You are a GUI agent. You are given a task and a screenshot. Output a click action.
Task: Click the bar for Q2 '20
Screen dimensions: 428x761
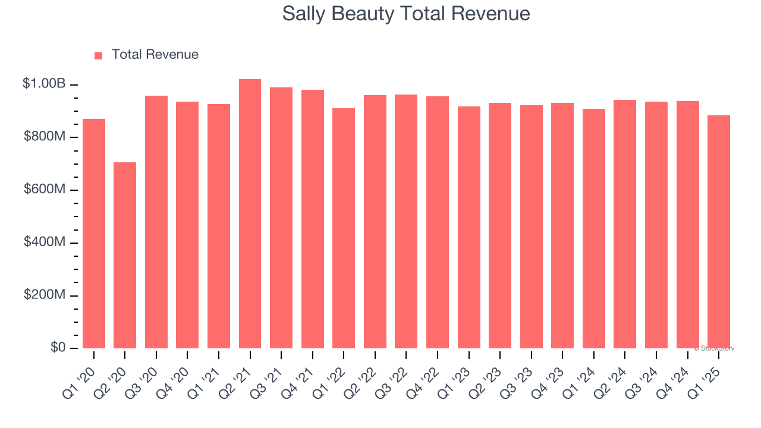pyautogui.click(x=125, y=255)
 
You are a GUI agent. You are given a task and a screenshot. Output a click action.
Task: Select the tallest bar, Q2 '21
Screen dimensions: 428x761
pyautogui.click(x=250, y=213)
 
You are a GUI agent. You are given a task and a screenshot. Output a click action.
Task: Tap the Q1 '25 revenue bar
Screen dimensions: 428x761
pyautogui.click(x=719, y=232)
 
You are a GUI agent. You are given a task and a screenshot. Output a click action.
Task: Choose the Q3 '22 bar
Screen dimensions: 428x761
pyautogui.click(x=406, y=221)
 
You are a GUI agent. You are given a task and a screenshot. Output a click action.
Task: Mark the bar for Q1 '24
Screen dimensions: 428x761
pyautogui.click(x=594, y=228)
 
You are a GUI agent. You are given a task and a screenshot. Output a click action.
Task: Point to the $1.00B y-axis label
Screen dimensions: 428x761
pyautogui.click(x=44, y=84)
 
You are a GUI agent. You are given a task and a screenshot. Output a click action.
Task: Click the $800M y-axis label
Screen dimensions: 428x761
pyautogui.click(x=45, y=137)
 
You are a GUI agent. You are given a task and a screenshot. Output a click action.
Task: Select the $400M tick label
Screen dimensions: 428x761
pyautogui.click(x=45, y=243)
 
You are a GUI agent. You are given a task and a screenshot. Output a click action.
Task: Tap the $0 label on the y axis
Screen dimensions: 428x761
pyautogui.click(x=58, y=347)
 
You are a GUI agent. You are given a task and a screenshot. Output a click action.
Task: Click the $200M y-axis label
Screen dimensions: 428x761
pyautogui.click(x=45, y=295)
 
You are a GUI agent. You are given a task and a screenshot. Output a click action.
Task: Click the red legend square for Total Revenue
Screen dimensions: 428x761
pyautogui.click(x=99, y=56)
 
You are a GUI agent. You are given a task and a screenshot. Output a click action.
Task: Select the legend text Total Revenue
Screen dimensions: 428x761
pyautogui.click(x=155, y=55)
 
